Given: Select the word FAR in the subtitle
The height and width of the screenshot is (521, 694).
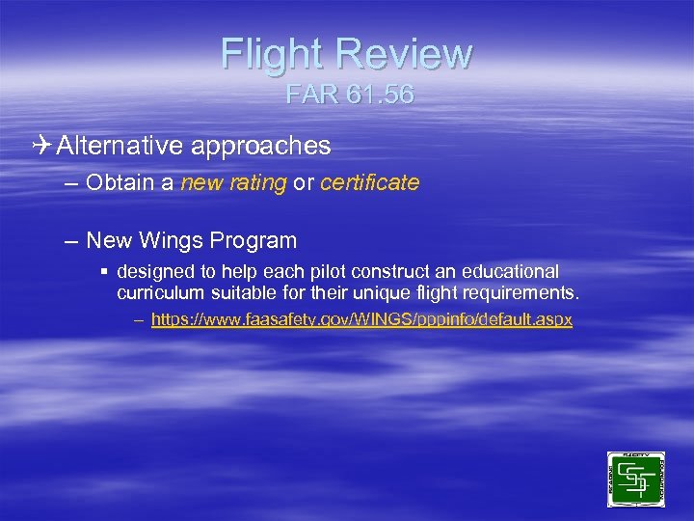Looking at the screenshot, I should click(x=309, y=96).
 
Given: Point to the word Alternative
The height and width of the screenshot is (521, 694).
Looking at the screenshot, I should click(x=120, y=146).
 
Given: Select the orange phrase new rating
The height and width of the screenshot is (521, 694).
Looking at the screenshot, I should click(x=233, y=182).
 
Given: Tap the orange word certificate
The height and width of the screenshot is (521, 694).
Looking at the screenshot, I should click(x=369, y=182).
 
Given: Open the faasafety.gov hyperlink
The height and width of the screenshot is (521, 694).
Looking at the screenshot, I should click(x=361, y=319).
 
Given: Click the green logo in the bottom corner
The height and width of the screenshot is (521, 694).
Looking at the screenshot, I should click(x=635, y=479).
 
